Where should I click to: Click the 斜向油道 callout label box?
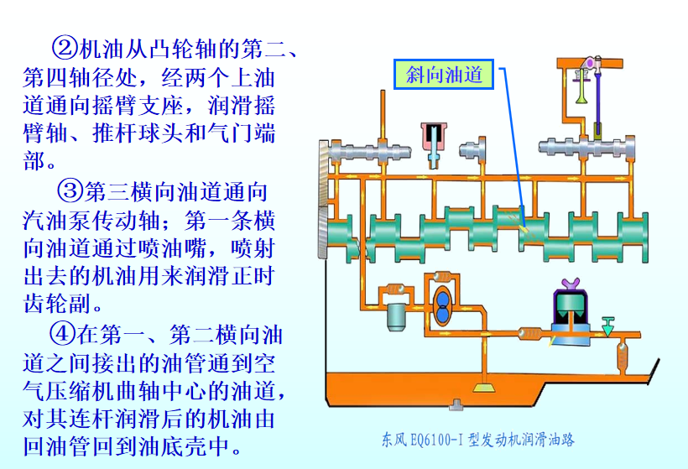(445, 76)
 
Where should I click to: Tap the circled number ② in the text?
(64, 44)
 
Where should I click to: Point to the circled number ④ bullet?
(64, 336)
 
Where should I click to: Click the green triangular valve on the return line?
(608, 322)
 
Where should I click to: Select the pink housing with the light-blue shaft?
(434, 139)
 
